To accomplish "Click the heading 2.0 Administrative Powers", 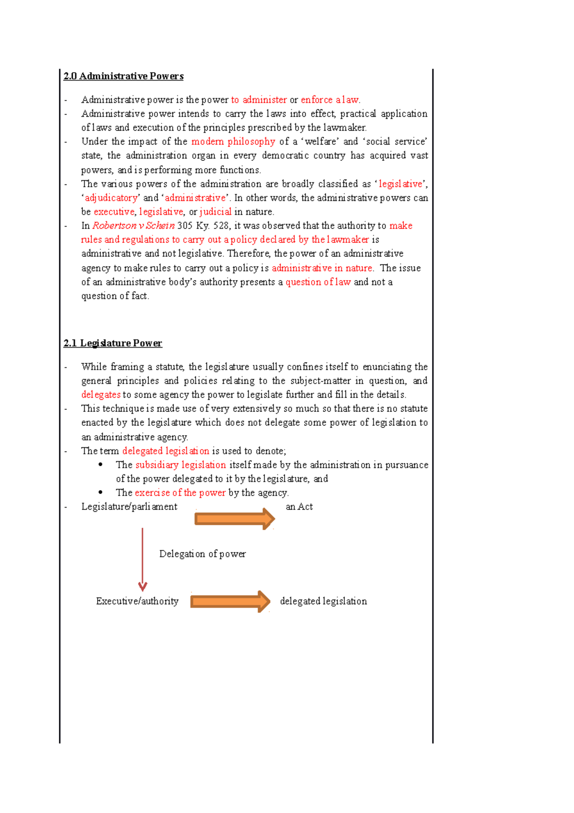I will pos(123,76).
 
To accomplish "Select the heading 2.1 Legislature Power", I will pos(112,343).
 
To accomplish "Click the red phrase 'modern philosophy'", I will pos(233,142).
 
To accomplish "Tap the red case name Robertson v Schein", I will pos(133,226).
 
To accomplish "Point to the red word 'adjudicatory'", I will pos(111,198).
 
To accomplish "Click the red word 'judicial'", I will pos(216,212).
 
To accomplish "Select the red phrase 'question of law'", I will pos(318,282).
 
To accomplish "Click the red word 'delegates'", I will pos(101,395).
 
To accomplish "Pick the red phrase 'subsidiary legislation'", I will pos(180,465).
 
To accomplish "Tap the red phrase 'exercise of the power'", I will pos(180,493).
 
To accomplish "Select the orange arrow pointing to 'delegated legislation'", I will pos(230,601).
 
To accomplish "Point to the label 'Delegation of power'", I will pos(202,554).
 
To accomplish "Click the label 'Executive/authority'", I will pos(137,601).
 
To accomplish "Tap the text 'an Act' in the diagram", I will pos(299,507).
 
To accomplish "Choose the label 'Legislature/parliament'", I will pos(129,507).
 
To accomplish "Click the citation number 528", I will pos(221,226).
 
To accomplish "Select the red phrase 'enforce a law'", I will pos(330,100).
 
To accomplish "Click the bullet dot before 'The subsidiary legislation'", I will pos(100,464).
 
